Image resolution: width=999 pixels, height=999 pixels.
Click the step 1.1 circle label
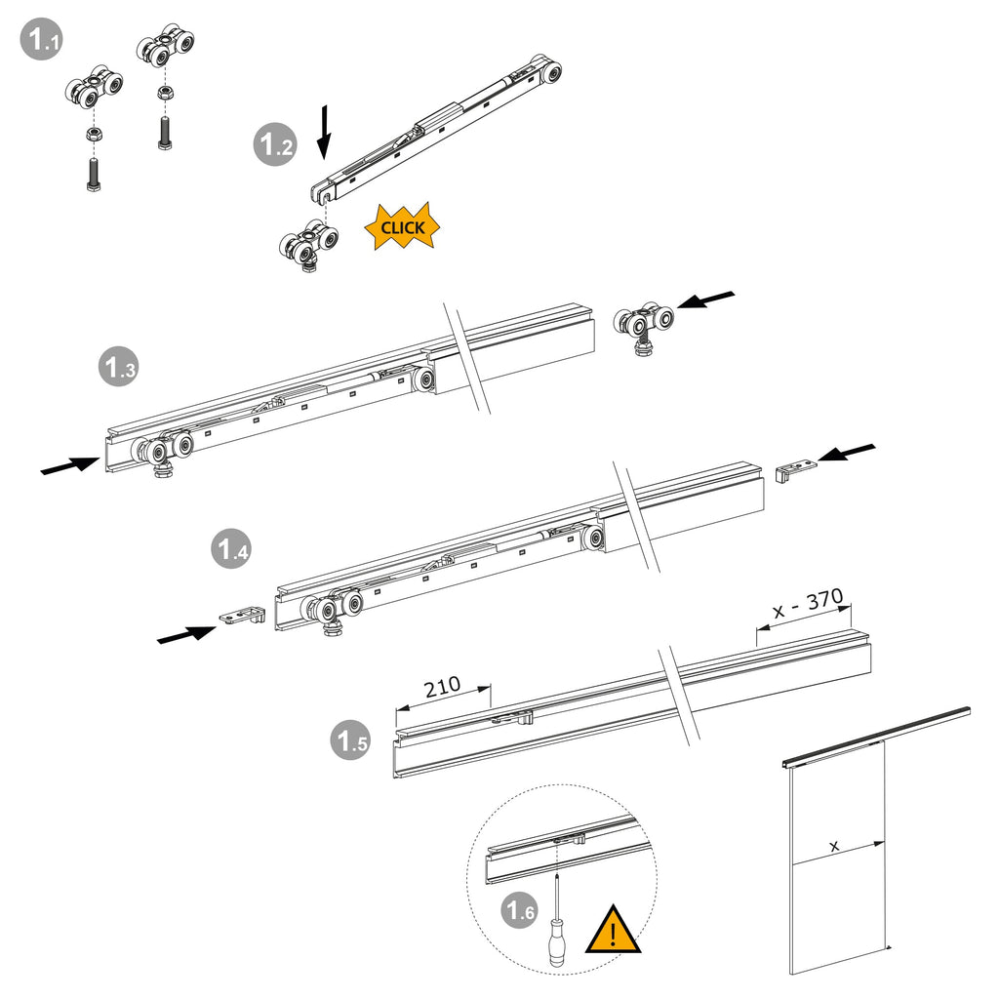pos(42,39)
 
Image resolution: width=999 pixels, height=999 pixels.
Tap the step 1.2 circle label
pos(275,145)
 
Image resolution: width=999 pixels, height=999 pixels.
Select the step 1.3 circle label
pos(119,367)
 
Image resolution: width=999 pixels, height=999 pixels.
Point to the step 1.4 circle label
pos(231,548)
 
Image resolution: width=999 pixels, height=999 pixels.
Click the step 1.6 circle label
pos(520,909)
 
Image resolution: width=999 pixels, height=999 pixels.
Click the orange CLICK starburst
pos(403,227)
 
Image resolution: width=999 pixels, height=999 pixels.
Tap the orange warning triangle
pos(613,930)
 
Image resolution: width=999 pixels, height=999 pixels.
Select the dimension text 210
pos(442,687)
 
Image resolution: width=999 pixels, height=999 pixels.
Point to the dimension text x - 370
pos(808,604)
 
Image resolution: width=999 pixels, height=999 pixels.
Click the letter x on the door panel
pos(834,846)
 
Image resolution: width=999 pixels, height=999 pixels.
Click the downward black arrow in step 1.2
pos(324,133)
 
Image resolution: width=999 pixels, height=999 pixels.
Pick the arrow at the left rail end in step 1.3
pos(70,465)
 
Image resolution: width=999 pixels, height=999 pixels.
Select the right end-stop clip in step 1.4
pos(796,469)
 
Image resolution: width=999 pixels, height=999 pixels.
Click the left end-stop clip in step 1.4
pos(242,616)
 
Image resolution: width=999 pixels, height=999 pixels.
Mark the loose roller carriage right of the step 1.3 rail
pos(644,328)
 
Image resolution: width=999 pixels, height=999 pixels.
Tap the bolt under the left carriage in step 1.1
pos(93,175)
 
